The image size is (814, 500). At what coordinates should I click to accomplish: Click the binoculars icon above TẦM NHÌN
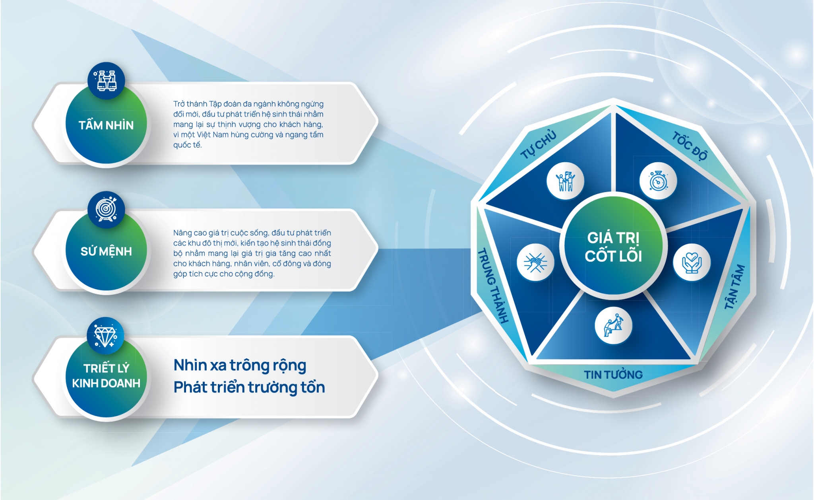pyautogui.click(x=107, y=81)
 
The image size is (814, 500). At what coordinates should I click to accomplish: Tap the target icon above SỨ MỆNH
pyautogui.click(x=107, y=209)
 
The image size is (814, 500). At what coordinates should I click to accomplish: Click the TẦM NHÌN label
pyautogui.click(x=106, y=125)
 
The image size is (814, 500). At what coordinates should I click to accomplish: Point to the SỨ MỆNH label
pyautogui.click(x=106, y=251)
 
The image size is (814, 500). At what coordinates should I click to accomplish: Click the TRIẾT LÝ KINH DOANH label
pyautogui.click(x=106, y=375)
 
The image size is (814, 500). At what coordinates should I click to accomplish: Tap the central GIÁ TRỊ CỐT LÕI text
pyautogui.click(x=613, y=247)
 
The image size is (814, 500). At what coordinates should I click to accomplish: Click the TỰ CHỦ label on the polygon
pyautogui.click(x=539, y=144)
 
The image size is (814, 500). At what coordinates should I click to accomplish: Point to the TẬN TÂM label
pyautogui.click(x=735, y=286)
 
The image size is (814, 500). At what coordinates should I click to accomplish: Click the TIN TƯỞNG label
pyautogui.click(x=613, y=375)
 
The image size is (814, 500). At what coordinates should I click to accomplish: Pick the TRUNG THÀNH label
pyautogui.click(x=493, y=285)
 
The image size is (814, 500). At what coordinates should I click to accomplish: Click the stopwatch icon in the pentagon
pyautogui.click(x=658, y=181)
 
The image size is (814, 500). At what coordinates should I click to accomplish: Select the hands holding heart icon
pyautogui.click(x=692, y=263)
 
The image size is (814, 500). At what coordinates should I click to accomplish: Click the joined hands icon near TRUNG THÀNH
pyautogui.click(x=535, y=263)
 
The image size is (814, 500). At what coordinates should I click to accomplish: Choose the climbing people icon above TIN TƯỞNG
pyautogui.click(x=613, y=325)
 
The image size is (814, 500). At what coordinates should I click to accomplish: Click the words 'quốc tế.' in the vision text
pyautogui.click(x=188, y=145)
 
